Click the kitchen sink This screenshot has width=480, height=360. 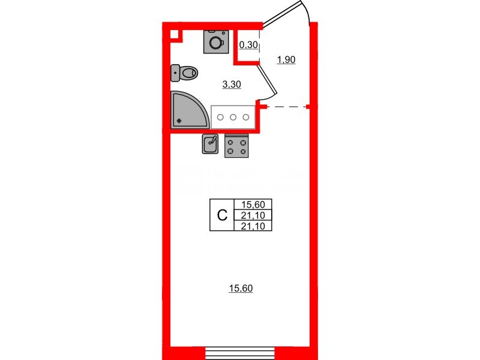point(210,144)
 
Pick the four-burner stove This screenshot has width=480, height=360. point(236,146)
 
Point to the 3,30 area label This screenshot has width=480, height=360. point(232,85)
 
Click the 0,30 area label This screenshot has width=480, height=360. point(248,44)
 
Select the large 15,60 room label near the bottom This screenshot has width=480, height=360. point(241,289)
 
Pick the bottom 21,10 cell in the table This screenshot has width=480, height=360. point(254,226)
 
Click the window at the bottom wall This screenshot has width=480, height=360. point(240,352)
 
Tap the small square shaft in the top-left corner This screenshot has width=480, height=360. point(175,34)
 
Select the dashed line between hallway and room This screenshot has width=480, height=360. point(286,107)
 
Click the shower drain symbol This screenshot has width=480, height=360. point(179,121)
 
